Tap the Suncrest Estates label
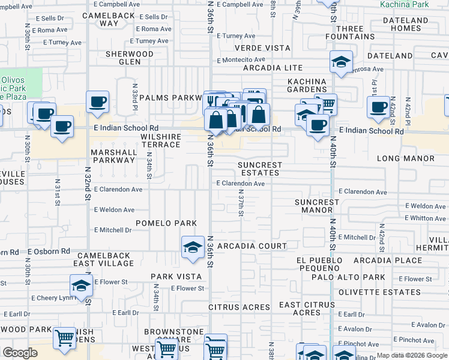pyautogui.click(x=259, y=169)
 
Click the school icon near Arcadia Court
pyautogui.click(x=193, y=247)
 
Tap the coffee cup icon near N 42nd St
pyautogui.click(x=378, y=107)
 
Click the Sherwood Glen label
pyautogui.click(x=130, y=58)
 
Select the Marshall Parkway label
pyautogui.click(x=113, y=156)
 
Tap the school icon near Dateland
pyautogui.click(x=341, y=62)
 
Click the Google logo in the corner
pyautogui.click(x=20, y=353)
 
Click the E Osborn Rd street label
pyautogui.click(x=49, y=251)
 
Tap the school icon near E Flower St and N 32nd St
pyautogui.click(x=81, y=286)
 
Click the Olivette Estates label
pyautogui.click(x=379, y=292)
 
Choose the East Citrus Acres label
pyautogui.click(x=307, y=308)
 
